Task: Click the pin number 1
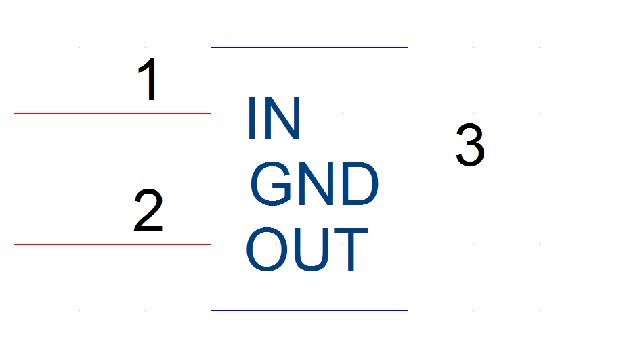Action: tap(148, 79)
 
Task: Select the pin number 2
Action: tap(148, 210)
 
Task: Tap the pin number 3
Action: tap(470, 145)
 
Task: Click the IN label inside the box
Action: tap(274, 118)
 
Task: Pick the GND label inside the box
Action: tap(314, 184)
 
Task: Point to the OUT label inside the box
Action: tap(307, 249)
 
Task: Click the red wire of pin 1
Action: tap(112, 113)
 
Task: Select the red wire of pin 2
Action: tap(112, 244)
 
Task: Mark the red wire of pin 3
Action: tap(507, 179)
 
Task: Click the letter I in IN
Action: tap(251, 118)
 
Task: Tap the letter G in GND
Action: tap(271, 184)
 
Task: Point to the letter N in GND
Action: tap(316, 184)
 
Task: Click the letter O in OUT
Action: tap(267, 249)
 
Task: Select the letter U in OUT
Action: tap(311, 250)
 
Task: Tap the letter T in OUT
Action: tap(351, 249)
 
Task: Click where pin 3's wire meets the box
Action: tap(408, 179)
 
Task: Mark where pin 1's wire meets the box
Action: tap(211, 113)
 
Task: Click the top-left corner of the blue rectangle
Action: tap(211, 47)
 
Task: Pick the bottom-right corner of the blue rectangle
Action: tap(408, 310)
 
